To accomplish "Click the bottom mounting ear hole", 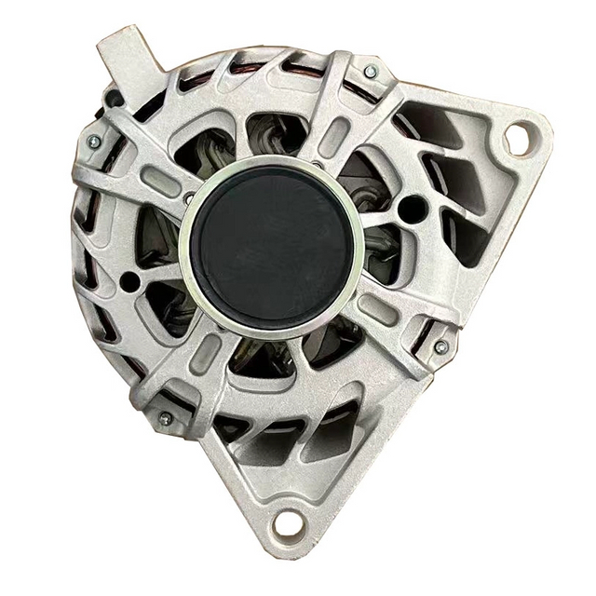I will tap(286, 524).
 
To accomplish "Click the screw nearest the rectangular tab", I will tap(93, 142).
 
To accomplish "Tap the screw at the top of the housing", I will tap(371, 72).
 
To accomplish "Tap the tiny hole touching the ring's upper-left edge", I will tap(189, 197).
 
